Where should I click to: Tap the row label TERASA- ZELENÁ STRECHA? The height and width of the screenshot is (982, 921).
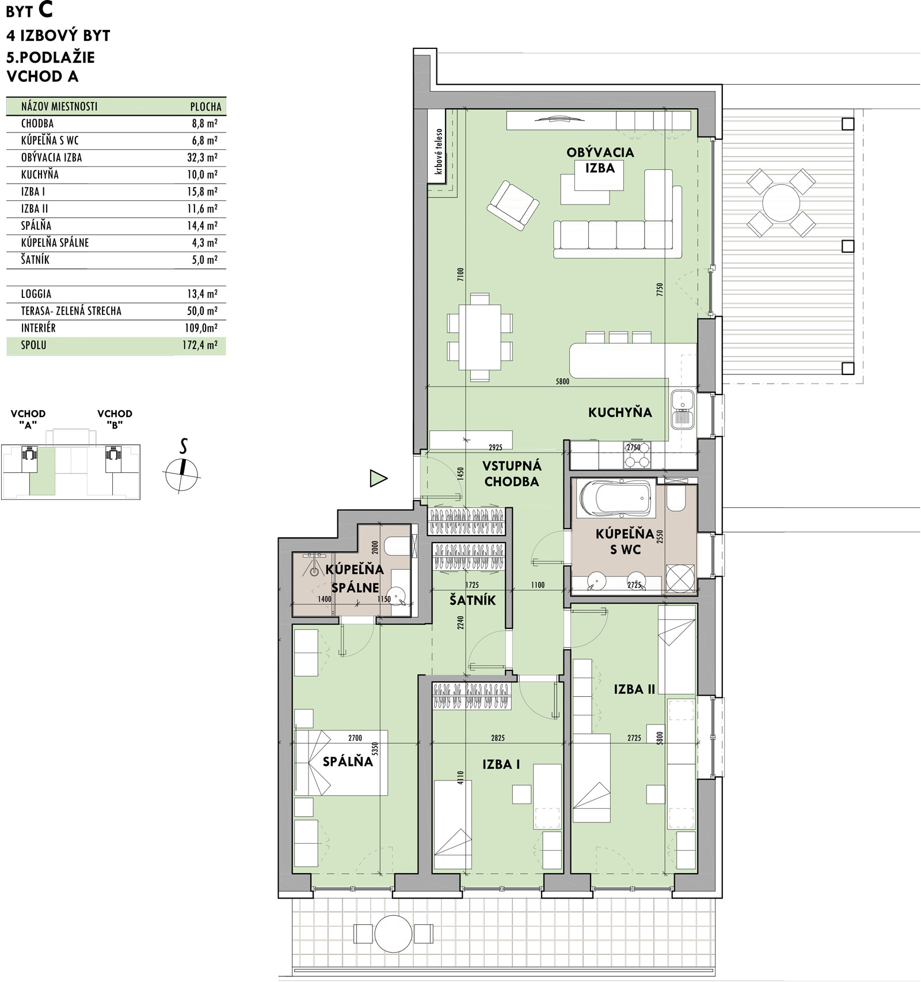(x=71, y=311)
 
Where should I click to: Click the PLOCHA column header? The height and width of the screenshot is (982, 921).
(x=205, y=107)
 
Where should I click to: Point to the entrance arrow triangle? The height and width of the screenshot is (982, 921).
(x=378, y=478)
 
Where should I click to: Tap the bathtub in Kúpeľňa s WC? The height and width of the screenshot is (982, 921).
(x=616, y=500)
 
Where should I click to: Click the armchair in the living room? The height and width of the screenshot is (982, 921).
(x=513, y=205)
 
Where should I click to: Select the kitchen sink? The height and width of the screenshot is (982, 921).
(x=683, y=408)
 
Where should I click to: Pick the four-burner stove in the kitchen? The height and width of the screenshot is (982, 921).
(x=637, y=454)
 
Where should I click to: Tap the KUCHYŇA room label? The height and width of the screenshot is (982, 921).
(x=620, y=412)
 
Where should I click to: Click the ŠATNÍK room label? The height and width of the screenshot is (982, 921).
(x=473, y=600)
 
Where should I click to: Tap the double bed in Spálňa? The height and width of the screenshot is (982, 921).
(x=341, y=763)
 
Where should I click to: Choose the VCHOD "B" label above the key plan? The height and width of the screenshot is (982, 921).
(x=115, y=419)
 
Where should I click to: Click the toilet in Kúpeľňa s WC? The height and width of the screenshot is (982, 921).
(x=676, y=499)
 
